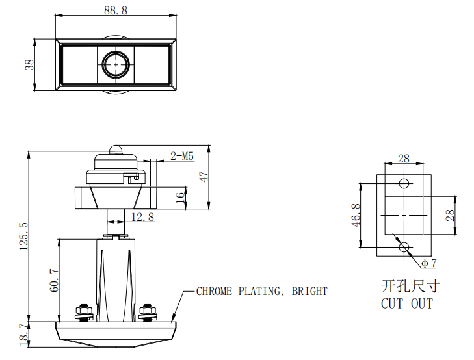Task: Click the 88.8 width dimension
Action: [115, 10]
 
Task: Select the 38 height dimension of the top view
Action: [29, 65]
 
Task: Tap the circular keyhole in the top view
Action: [116, 64]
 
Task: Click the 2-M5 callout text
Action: [182, 156]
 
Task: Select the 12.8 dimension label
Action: [142, 217]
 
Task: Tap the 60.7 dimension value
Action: [54, 280]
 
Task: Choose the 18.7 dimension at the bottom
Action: [24, 335]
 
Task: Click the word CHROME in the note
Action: [214, 291]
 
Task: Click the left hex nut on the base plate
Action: [83, 311]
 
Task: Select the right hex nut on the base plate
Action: [148, 311]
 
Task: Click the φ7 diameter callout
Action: [428, 263]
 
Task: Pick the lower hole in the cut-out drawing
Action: [404, 247]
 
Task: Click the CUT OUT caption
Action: [406, 303]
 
